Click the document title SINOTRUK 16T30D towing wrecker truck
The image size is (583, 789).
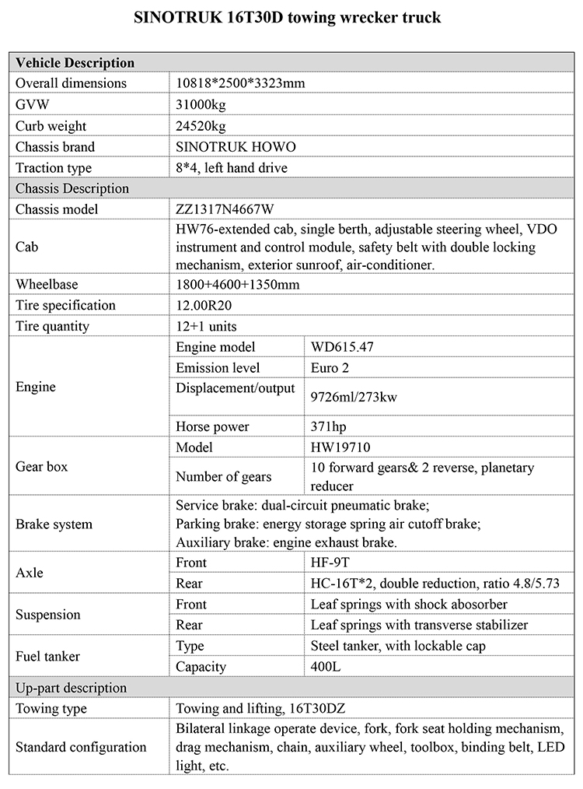291,18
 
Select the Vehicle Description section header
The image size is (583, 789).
75,63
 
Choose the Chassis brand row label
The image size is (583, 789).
55,147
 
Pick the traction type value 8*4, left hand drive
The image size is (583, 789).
232,168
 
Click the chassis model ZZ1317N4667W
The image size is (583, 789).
225,209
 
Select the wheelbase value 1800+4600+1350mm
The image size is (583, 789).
237,285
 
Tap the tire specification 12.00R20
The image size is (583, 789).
211,306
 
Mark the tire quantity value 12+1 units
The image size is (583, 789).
207,327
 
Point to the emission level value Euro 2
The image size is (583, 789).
333,368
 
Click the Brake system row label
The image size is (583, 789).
54,524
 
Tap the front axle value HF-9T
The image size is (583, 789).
331,562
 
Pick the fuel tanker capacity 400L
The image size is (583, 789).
326,667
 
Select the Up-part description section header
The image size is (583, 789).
71,688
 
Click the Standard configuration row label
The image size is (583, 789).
81,747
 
